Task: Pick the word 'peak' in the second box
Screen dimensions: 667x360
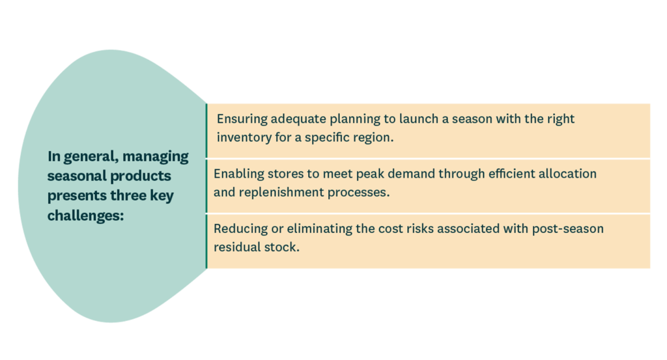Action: click(370, 174)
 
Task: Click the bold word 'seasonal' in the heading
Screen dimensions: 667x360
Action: click(76, 176)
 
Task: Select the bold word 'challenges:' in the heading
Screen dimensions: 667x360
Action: click(85, 216)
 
